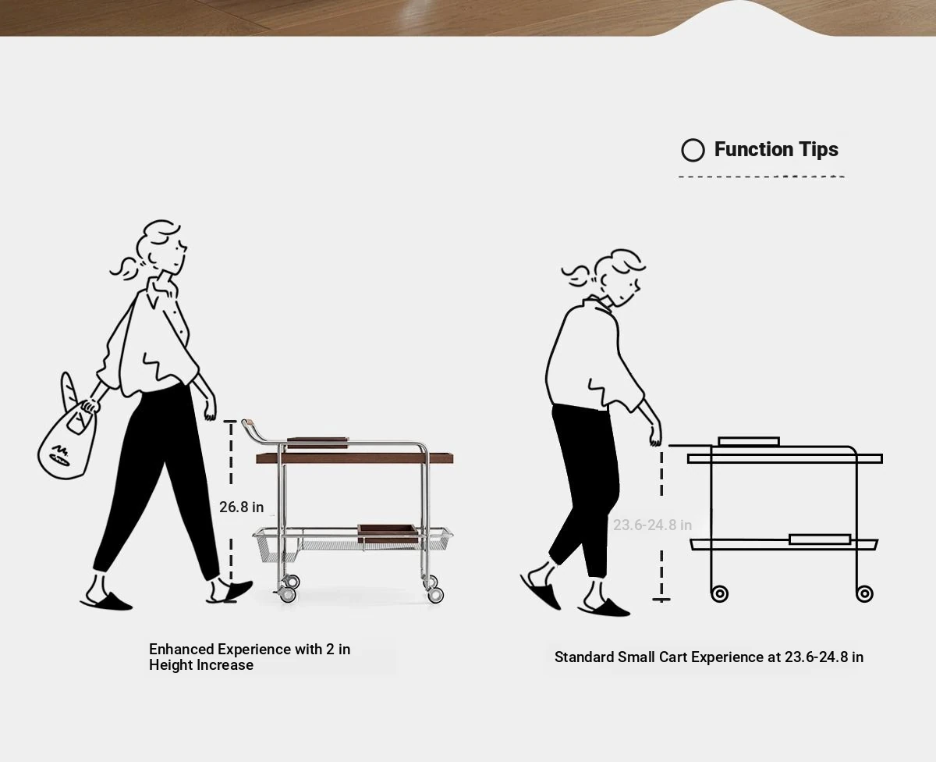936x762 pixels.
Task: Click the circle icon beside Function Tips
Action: point(693,151)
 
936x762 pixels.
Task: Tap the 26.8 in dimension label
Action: point(241,507)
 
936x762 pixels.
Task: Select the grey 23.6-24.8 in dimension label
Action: point(653,525)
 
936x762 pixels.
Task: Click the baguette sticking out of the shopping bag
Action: point(68,390)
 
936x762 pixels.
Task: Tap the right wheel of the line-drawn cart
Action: point(864,593)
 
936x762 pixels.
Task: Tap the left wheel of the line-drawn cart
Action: point(719,593)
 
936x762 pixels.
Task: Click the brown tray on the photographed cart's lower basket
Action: point(388,533)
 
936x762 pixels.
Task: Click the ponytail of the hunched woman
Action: point(578,276)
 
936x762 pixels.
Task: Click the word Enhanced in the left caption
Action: point(181,649)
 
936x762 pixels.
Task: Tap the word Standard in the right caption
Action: point(584,657)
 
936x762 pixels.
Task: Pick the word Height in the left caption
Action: point(169,665)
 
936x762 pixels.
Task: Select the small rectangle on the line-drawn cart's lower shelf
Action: point(820,539)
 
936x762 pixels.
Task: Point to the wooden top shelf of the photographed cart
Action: point(354,458)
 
